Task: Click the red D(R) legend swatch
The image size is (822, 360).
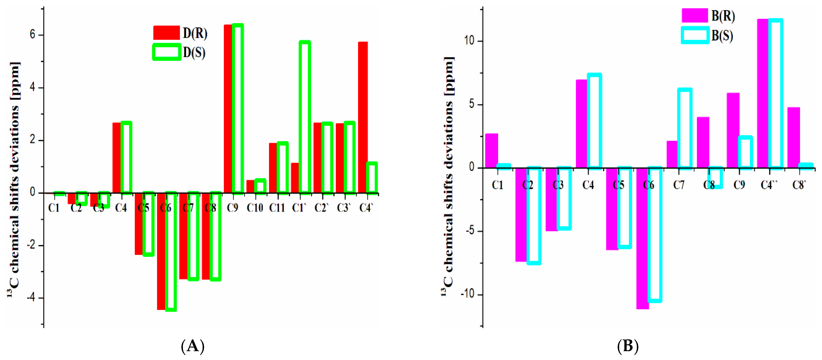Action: coord(166,33)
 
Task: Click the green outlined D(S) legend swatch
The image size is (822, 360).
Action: coord(167,52)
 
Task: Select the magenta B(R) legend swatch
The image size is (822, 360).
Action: coord(694,15)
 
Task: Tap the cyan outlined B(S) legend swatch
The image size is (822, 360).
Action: coord(695,35)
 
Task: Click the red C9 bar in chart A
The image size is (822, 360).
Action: coord(228,109)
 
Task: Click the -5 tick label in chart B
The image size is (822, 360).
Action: coord(470,231)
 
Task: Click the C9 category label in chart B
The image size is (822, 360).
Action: coord(739,185)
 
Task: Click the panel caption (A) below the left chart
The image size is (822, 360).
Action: coord(192,346)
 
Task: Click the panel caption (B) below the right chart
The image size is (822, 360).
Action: coord(627,346)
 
